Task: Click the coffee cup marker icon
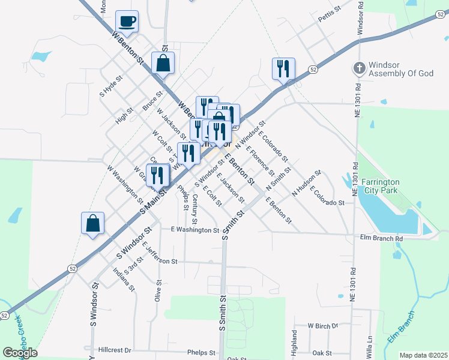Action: click(127, 22)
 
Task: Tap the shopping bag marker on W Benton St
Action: click(163, 62)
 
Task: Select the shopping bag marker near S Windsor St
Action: click(92, 224)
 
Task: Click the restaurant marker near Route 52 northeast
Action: click(284, 68)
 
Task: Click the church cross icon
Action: click(359, 68)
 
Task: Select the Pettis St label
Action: click(330, 14)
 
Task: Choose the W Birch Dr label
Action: click(323, 326)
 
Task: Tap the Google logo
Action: click(20, 352)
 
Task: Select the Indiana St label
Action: click(124, 280)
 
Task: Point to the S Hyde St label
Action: click(111, 86)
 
